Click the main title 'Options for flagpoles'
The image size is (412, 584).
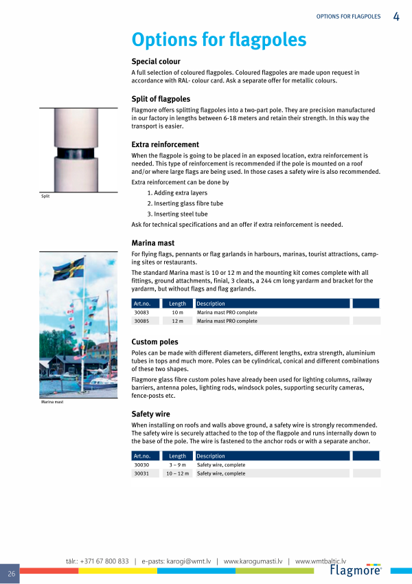click(x=218, y=40)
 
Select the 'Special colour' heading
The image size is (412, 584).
click(x=156, y=62)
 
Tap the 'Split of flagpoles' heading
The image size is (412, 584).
click(x=161, y=99)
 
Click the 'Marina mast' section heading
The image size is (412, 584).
click(x=152, y=243)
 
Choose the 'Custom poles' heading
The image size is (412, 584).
click(x=154, y=341)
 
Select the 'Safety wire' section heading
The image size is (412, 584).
click(x=150, y=414)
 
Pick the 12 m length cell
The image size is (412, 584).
click(x=177, y=321)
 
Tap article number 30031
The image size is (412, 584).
click(x=142, y=473)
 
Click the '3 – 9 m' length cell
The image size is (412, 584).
click(x=177, y=465)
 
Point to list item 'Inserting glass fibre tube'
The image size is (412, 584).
click(x=185, y=203)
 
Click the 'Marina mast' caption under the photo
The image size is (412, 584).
click(x=52, y=402)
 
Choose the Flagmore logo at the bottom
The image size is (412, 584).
click(x=355, y=570)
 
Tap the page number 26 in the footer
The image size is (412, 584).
click(x=12, y=574)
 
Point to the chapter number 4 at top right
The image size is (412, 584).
click(x=397, y=16)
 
